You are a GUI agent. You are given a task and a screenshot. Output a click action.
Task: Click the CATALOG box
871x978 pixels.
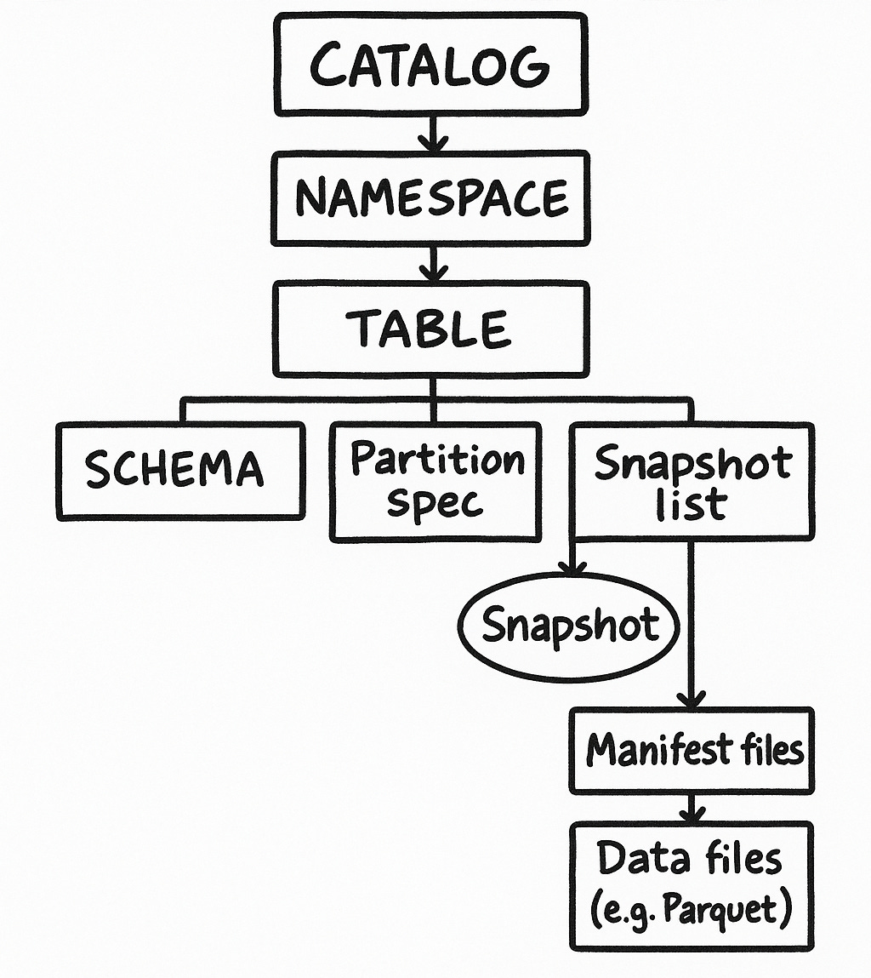tap(431, 65)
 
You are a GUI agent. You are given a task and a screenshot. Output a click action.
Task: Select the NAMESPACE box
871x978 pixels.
tap(431, 198)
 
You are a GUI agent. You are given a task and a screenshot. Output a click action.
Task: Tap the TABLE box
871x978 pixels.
tap(431, 329)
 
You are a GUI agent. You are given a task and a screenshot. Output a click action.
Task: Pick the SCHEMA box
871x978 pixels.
tap(180, 470)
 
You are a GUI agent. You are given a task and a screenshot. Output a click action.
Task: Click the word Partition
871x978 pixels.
tap(437, 460)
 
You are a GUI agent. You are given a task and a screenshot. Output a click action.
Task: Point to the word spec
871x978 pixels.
tap(435, 502)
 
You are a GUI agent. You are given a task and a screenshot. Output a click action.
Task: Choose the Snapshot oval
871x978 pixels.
tap(570, 626)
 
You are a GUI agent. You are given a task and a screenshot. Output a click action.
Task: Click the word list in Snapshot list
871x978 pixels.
tap(692, 505)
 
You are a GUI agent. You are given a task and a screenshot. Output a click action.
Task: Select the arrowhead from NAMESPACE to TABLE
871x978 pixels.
tap(434, 273)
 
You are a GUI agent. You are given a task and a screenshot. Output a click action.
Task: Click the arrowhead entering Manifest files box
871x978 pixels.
tap(691, 699)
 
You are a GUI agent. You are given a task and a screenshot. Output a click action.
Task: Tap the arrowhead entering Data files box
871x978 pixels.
tap(691, 815)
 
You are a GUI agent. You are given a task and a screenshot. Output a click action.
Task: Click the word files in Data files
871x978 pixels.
tap(735, 860)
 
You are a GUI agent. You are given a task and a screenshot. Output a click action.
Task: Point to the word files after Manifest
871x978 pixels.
tap(770, 750)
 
